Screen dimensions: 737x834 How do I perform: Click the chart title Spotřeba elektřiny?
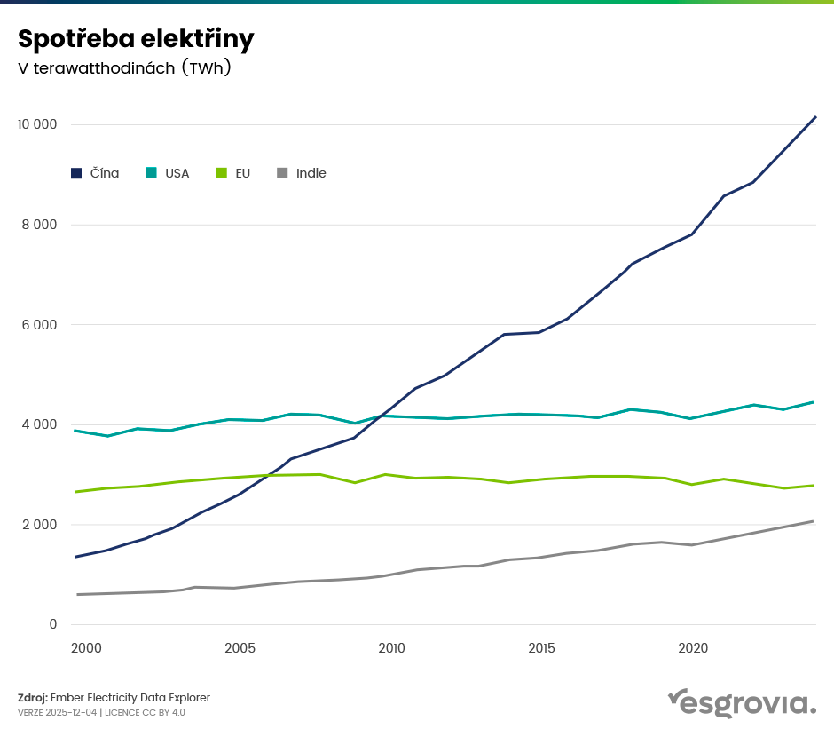click(x=136, y=39)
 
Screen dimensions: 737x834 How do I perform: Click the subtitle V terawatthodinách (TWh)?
click(x=124, y=68)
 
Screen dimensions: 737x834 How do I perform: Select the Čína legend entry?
click(x=95, y=173)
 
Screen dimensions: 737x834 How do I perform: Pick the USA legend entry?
click(x=168, y=173)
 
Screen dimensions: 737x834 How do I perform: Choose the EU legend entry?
click(x=233, y=173)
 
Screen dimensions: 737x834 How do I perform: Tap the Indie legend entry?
click(x=302, y=173)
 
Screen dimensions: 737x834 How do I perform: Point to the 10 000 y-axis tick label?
click(x=37, y=124)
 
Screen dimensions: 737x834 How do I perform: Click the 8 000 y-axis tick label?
click(x=39, y=225)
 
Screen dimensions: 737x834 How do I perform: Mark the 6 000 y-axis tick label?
click(x=39, y=325)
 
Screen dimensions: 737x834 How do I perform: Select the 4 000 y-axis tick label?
click(x=39, y=424)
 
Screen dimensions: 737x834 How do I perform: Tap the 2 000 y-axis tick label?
click(x=39, y=525)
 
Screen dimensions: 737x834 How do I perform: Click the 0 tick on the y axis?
click(x=52, y=625)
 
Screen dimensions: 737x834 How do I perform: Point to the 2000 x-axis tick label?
click(x=86, y=649)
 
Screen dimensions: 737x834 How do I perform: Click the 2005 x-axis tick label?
click(x=240, y=649)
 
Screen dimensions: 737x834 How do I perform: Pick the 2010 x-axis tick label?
click(x=391, y=649)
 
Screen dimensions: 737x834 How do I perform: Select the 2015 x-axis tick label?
click(x=542, y=649)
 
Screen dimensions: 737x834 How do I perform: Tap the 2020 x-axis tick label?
click(x=693, y=649)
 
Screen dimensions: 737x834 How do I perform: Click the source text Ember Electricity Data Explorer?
click(x=130, y=698)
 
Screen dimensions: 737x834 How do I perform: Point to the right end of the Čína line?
click(x=815, y=117)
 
